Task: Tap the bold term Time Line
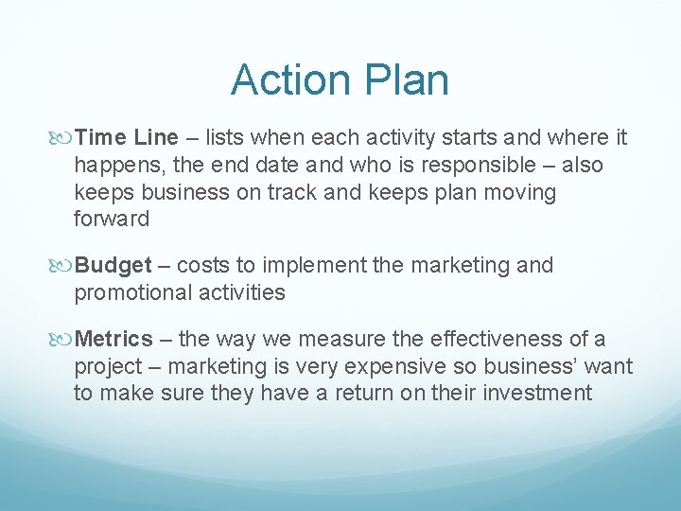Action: [126, 138]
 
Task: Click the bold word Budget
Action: [113, 266]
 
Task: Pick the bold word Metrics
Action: [113, 339]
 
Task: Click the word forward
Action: [112, 220]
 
